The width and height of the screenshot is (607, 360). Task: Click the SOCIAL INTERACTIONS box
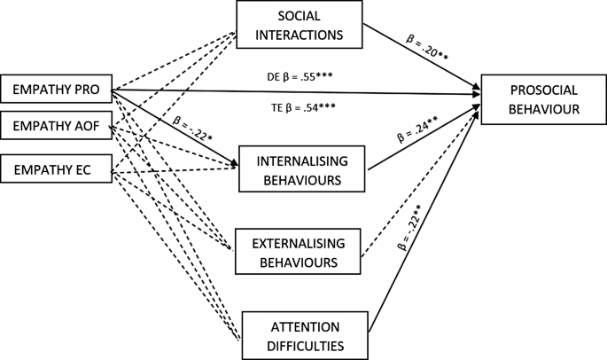[300, 25]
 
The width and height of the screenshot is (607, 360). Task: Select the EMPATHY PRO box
[56, 90]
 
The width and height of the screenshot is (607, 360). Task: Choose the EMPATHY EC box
[56, 168]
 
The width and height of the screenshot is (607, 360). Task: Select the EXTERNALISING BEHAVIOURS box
[298, 253]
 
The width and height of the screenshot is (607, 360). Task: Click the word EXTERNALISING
[298, 243]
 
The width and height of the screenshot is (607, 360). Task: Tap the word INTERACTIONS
[300, 35]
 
